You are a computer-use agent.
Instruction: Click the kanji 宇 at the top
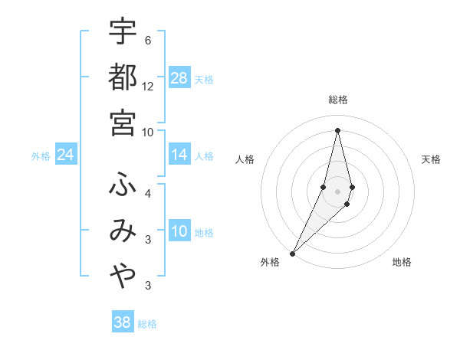(x=123, y=31)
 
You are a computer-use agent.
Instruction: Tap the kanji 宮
(x=123, y=122)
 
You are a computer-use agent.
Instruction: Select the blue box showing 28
(x=179, y=78)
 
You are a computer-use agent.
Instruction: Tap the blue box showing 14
(x=179, y=155)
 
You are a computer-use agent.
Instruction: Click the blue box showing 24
(x=65, y=155)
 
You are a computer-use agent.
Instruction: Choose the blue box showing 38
(x=123, y=322)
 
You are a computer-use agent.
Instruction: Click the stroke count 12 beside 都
(x=148, y=87)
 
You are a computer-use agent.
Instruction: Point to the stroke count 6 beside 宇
(x=147, y=41)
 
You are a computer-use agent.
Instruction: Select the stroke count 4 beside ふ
(x=147, y=194)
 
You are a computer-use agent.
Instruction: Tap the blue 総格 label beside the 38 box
(x=147, y=324)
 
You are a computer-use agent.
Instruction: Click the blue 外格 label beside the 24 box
(x=41, y=156)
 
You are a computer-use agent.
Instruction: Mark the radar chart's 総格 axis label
(x=338, y=100)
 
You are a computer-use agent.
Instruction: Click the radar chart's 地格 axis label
(x=402, y=262)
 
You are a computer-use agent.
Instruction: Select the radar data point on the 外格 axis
(x=292, y=253)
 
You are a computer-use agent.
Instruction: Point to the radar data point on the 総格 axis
(x=338, y=129)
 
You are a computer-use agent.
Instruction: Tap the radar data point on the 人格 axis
(x=323, y=187)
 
